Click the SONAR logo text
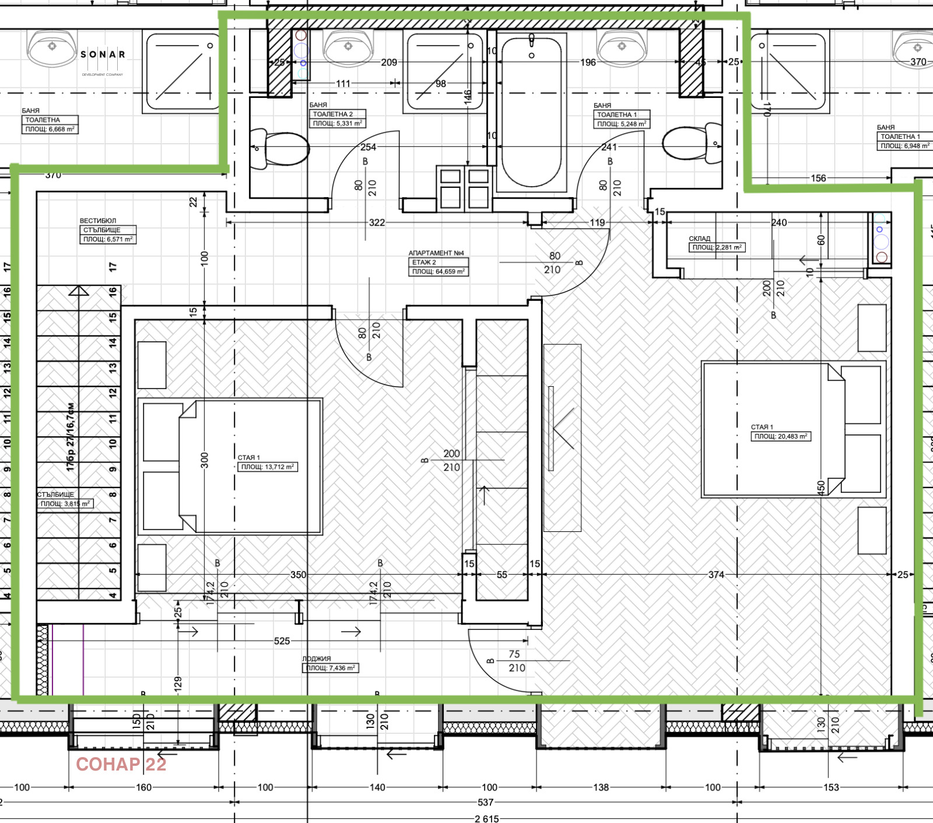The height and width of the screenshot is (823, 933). (x=103, y=54)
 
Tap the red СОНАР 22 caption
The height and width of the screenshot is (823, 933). (x=121, y=764)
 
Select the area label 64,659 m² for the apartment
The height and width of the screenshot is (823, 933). (x=438, y=272)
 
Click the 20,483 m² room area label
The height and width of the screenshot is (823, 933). (x=781, y=436)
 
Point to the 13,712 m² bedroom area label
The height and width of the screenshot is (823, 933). (x=268, y=467)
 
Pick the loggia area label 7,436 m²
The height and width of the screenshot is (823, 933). (x=330, y=668)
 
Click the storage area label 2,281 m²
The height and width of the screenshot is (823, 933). (x=717, y=247)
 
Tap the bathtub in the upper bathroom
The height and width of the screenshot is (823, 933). (x=531, y=111)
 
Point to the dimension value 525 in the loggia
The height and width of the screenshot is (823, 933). (x=282, y=641)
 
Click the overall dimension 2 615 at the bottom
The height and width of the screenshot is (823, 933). (x=486, y=818)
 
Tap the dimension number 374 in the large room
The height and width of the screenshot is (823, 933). (x=716, y=575)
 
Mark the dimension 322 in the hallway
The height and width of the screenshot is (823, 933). (x=377, y=223)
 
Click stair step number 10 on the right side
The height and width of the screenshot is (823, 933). (x=113, y=443)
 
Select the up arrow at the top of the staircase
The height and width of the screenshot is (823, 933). (x=78, y=291)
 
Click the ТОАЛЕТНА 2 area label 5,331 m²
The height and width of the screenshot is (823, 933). (x=337, y=123)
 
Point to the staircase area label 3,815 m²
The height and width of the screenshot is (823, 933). (x=65, y=503)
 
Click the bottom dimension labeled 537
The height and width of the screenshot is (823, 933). (x=485, y=803)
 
